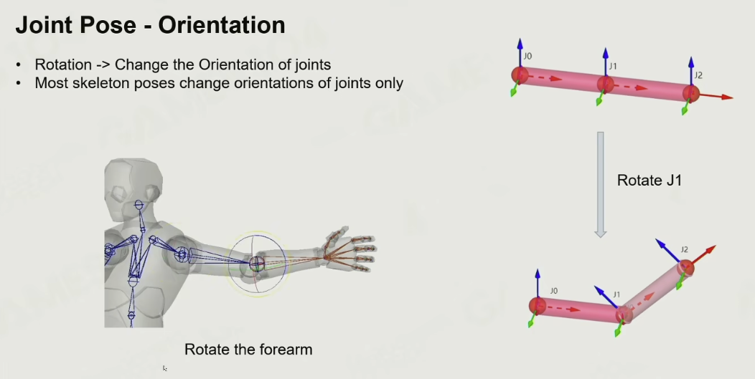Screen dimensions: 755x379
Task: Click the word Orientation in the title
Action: coord(222,25)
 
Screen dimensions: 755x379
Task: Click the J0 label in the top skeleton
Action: coord(527,57)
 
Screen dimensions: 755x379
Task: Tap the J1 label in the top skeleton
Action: coord(612,67)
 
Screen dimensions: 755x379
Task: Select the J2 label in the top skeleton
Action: coord(698,75)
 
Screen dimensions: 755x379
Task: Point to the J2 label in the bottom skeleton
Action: coord(684,249)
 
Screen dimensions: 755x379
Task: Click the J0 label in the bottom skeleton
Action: coord(554,291)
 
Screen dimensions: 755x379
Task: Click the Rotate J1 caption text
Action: coord(649,181)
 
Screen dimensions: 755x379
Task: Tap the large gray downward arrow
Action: coord(600,185)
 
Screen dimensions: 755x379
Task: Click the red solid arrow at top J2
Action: coord(715,96)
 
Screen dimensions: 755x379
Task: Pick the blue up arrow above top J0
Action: coord(520,53)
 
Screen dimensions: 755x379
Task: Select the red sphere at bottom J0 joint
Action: coord(537,306)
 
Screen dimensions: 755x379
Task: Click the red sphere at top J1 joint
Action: coord(605,84)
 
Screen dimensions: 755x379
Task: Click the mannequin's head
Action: coord(133,183)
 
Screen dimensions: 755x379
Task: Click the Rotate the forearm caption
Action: coord(248,349)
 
